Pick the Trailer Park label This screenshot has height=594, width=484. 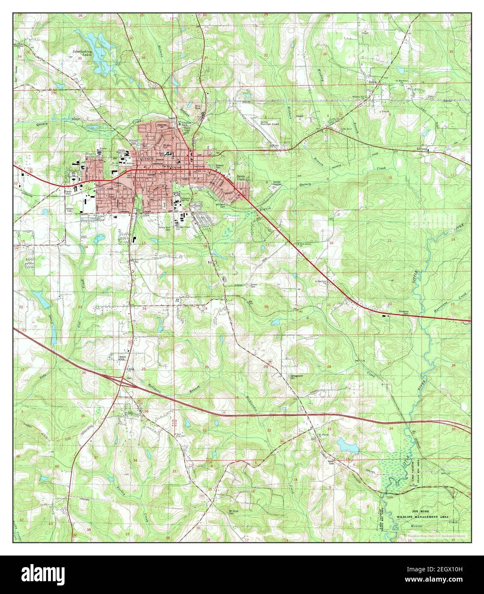point(71,193)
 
